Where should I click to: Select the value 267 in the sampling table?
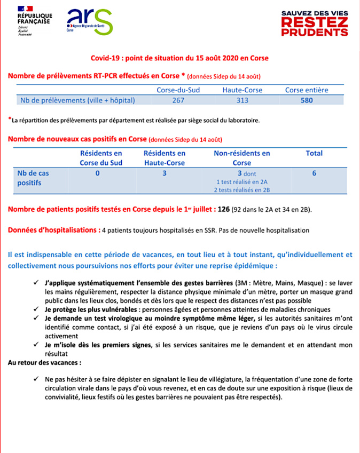(178, 100)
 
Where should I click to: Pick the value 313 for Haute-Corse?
(242, 100)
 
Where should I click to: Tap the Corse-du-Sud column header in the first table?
(178, 90)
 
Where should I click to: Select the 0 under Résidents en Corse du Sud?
(98, 173)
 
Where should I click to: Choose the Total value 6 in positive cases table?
(314, 173)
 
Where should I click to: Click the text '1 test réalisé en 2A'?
(241, 181)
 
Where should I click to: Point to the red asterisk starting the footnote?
(10, 119)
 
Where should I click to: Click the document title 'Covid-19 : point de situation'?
(179, 58)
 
